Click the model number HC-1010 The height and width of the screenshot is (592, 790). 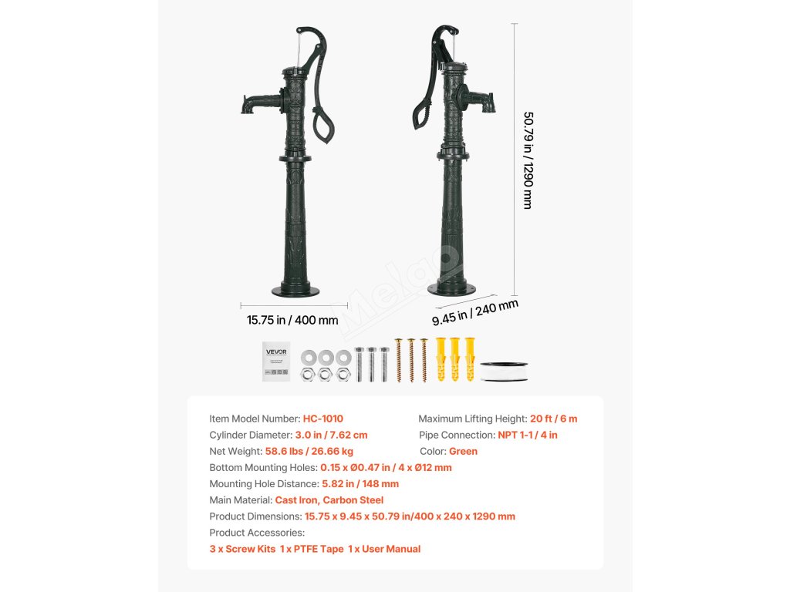pyautogui.click(x=323, y=419)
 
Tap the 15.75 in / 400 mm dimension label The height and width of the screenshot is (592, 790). pyautogui.click(x=292, y=320)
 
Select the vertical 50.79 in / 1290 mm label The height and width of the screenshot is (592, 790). pyautogui.click(x=528, y=160)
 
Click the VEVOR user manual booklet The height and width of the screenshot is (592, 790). pyautogui.click(x=276, y=360)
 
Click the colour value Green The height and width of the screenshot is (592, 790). pyautogui.click(x=463, y=451)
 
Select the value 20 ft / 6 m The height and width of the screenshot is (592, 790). pyautogui.click(x=553, y=419)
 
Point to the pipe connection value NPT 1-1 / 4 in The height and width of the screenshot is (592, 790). pyautogui.click(x=527, y=435)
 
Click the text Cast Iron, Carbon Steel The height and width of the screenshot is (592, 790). pyautogui.click(x=329, y=500)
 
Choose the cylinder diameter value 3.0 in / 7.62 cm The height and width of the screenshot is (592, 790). pyautogui.click(x=331, y=435)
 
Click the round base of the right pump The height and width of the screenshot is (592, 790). pyautogui.click(x=452, y=288)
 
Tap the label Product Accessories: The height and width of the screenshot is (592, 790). pyautogui.click(x=257, y=533)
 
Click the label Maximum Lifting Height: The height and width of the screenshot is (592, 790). pyautogui.click(x=472, y=419)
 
